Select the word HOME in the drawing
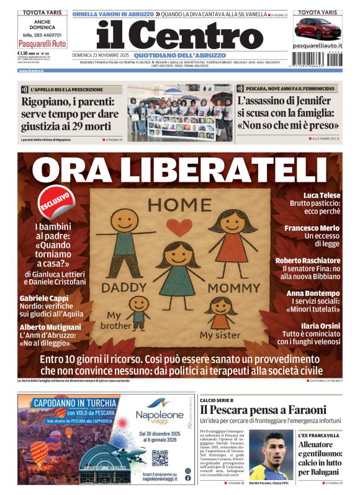point(180,205)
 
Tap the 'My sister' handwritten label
point(214,336)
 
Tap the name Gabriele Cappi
point(43,298)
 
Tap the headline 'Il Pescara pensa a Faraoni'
point(263,409)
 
